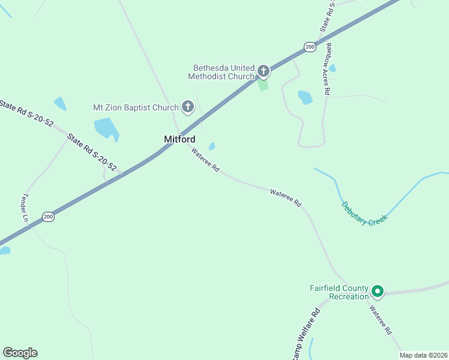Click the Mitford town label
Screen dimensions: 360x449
click(179, 139)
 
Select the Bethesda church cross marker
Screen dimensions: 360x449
click(263, 72)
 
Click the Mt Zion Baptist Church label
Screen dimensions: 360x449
click(136, 108)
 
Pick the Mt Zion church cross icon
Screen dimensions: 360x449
click(187, 107)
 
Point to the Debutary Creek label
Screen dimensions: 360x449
click(364, 214)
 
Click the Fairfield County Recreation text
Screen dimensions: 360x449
click(339, 292)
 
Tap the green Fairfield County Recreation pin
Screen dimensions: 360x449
click(378, 292)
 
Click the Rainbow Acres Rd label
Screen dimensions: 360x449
click(328, 68)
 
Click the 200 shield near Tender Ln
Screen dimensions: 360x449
click(48, 217)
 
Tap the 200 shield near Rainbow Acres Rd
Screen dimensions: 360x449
click(309, 47)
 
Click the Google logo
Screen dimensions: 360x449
click(20, 353)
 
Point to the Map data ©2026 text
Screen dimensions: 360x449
click(423, 355)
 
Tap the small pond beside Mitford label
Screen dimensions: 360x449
click(212, 146)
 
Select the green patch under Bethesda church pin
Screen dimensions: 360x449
click(263, 85)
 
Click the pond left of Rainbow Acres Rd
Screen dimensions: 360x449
click(305, 97)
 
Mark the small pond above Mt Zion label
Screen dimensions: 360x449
click(60, 103)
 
